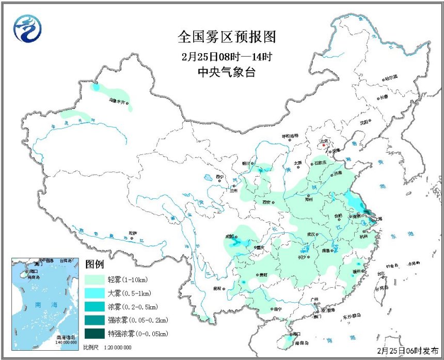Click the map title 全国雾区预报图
pos(227,37)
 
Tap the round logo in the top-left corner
pos(27,29)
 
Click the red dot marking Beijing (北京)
pos(324,146)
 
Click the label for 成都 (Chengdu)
pos(230,236)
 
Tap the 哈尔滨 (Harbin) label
pos(391,77)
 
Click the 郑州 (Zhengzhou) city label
pos(309,198)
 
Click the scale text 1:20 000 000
pos(118,348)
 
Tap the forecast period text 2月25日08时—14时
pos(227,56)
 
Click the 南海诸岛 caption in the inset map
pos(66,336)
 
